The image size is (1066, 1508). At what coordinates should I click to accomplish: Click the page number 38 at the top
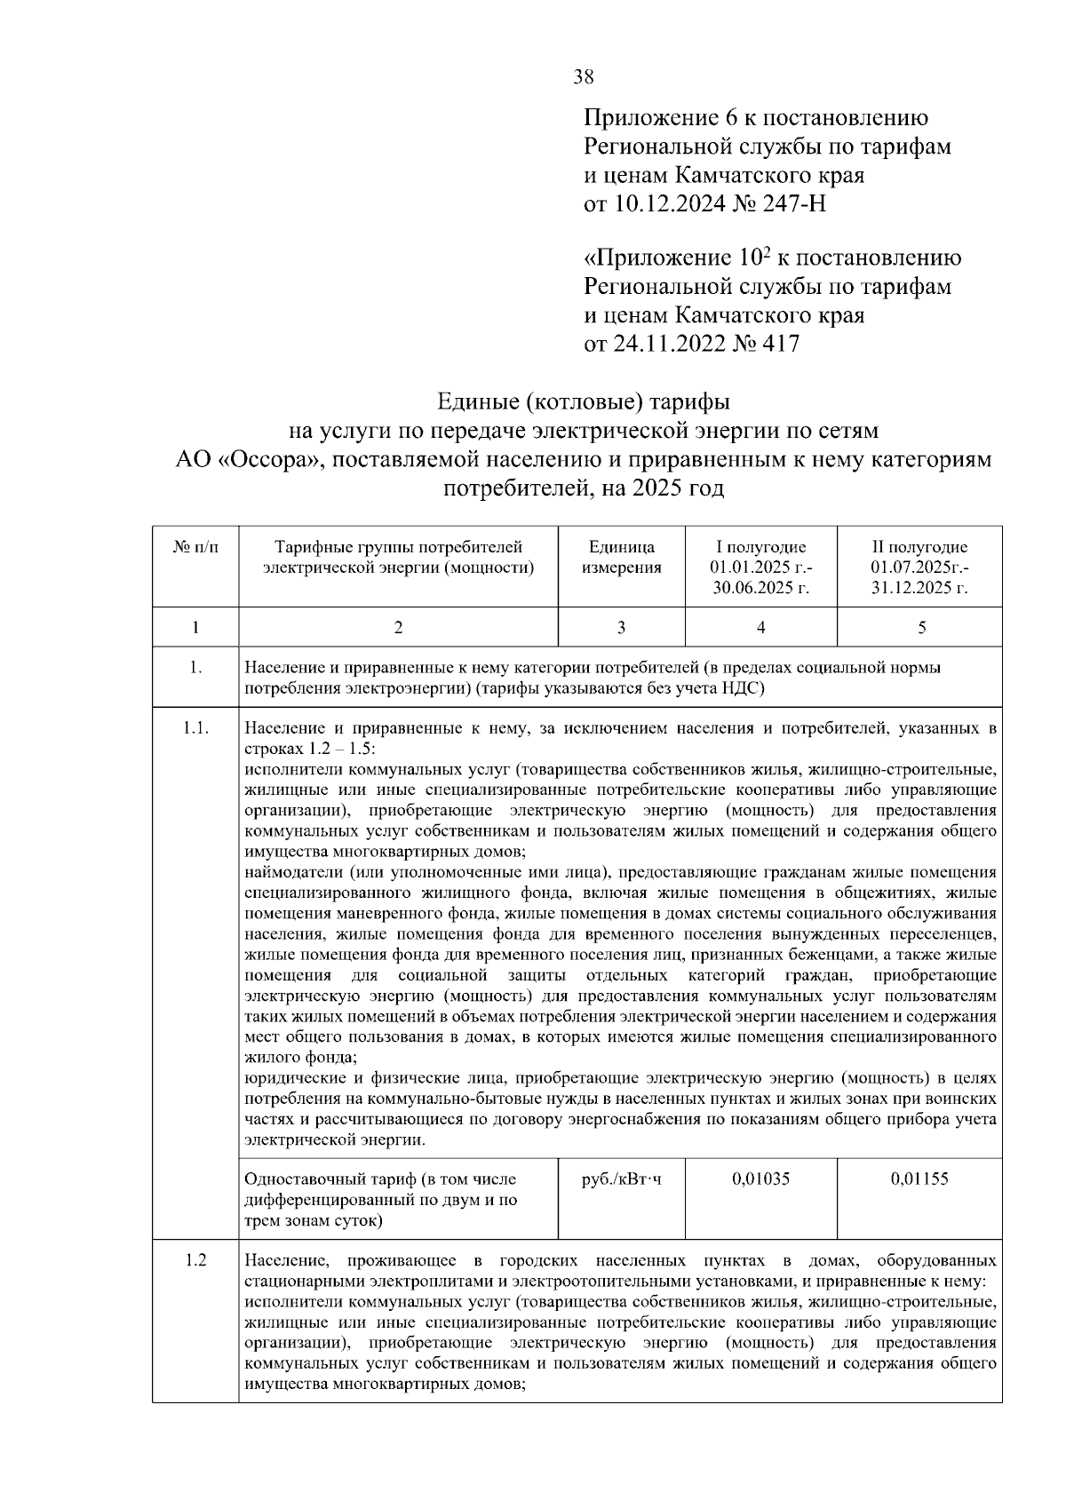pyautogui.click(x=584, y=77)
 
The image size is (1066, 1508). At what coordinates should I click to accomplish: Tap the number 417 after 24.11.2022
pyautogui.click(x=779, y=344)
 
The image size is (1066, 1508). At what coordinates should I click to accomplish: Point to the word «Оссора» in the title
pyautogui.click(x=274, y=459)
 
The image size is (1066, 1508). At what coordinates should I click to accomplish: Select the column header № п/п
pyautogui.click(x=195, y=548)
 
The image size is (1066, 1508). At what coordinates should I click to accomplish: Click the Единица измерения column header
pyautogui.click(x=621, y=558)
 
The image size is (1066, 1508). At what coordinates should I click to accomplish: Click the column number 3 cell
pyautogui.click(x=621, y=628)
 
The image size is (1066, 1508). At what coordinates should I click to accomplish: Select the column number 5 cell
pyautogui.click(x=921, y=628)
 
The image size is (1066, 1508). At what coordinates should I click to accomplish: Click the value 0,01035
pyautogui.click(x=760, y=1179)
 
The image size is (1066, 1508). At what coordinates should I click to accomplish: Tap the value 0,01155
pyautogui.click(x=919, y=1179)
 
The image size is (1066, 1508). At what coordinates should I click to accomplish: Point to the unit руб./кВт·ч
pyautogui.click(x=621, y=1179)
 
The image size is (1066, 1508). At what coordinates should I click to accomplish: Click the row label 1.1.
pyautogui.click(x=195, y=729)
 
